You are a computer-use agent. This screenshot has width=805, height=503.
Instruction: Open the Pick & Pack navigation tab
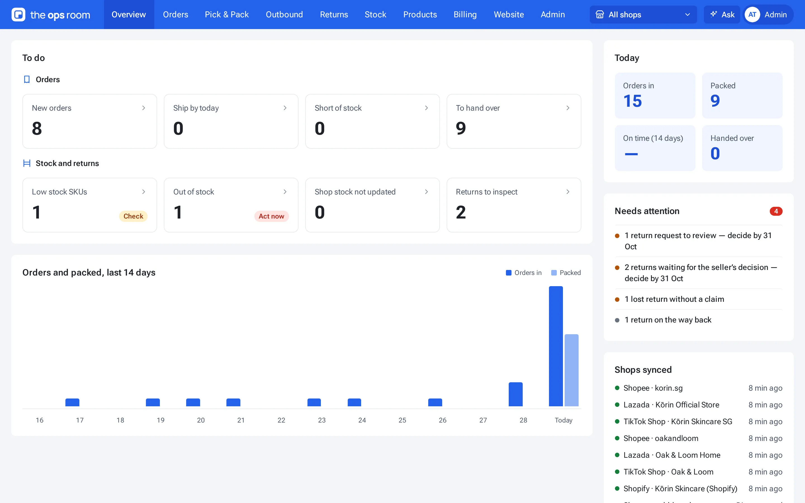click(226, 14)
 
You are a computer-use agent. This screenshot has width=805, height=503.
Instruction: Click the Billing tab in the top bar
click(465, 14)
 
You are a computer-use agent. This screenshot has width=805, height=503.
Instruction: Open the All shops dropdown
click(643, 15)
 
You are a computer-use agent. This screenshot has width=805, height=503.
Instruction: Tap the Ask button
click(722, 15)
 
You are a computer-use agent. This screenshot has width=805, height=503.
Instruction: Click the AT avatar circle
click(752, 15)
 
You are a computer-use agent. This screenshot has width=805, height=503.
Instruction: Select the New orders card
click(89, 121)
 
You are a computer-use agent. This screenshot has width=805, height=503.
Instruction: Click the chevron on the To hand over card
click(568, 108)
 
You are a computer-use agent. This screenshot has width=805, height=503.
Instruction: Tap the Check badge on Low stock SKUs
click(133, 216)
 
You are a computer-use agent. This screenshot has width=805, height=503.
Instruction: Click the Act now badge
click(271, 216)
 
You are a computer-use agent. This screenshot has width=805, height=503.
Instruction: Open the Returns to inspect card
click(513, 205)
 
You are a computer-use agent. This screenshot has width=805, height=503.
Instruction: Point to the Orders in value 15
click(632, 101)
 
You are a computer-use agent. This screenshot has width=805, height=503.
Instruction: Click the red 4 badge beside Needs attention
click(776, 211)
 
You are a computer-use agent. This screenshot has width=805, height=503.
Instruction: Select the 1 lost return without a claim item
click(674, 299)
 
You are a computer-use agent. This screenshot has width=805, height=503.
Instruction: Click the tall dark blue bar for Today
click(556, 346)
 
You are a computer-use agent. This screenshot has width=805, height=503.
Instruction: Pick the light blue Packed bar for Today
click(572, 370)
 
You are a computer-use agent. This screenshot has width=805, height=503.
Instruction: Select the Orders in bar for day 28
click(516, 394)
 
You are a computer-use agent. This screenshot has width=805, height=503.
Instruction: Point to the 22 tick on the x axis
click(281, 420)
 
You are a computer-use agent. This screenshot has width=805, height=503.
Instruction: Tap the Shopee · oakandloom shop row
click(699, 438)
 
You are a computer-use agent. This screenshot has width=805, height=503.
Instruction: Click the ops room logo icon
click(18, 15)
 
